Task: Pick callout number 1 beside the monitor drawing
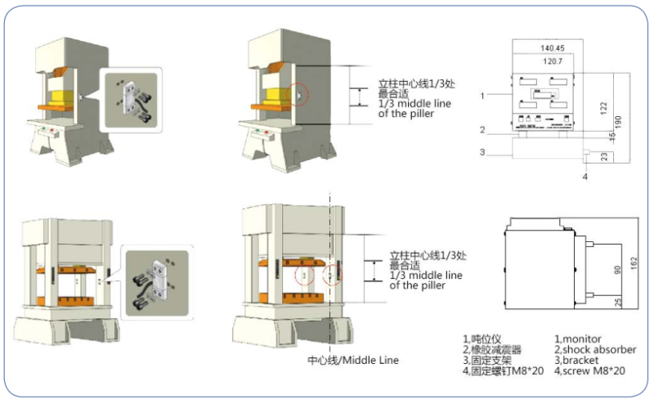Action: click(482, 96)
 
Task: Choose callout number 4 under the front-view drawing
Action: click(585, 176)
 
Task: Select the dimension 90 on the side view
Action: click(616, 269)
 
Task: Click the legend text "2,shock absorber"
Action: click(594, 349)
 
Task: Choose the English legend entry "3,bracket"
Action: click(578, 360)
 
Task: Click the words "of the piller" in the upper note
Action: click(406, 114)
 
